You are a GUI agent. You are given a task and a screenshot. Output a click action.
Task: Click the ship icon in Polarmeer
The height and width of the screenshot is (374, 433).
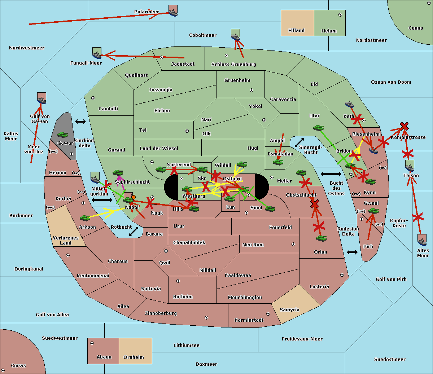pos(173,10)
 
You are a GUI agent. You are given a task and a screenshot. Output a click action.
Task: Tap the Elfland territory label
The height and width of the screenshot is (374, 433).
pos(296,31)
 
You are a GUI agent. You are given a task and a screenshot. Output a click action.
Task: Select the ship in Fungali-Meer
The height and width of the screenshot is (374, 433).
pos(97,53)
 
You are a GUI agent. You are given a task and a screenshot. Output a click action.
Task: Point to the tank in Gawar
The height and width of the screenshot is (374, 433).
pos(63,135)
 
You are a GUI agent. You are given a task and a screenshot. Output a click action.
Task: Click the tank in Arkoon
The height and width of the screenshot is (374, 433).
pos(85,218)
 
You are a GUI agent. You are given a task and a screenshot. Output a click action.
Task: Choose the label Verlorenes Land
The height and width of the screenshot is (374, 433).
pos(66,240)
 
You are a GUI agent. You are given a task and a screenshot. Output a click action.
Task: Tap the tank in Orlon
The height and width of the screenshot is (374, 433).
pos(321,238)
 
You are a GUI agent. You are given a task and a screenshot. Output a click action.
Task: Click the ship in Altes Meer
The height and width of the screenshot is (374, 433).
pos(422,240)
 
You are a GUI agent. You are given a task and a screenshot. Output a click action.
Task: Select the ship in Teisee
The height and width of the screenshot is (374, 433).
pos(410,166)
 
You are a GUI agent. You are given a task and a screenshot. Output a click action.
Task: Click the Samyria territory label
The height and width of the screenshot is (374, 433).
pos(289,310)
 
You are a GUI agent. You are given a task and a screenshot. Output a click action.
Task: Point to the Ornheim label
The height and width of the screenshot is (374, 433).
pos(134,357)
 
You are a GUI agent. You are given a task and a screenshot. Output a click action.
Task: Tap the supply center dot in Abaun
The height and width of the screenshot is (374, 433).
pos(92,343)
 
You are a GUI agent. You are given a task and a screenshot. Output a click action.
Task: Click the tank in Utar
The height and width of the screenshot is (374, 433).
pos(318,128)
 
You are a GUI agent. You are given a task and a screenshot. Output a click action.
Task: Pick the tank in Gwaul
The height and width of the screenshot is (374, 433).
pos(373,211)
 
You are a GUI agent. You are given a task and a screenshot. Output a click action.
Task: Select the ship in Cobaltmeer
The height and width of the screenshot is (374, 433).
pos(235,35)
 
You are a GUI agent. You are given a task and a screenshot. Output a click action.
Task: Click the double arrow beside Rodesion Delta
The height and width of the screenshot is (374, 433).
pos(352,252)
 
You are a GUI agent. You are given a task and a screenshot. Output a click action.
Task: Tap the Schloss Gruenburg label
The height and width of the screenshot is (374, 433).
pos(233,65)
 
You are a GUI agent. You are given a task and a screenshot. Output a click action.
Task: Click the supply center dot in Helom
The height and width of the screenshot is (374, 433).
pos(340,15)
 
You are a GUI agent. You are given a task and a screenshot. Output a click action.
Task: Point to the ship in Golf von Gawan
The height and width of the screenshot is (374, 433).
pos(42,98)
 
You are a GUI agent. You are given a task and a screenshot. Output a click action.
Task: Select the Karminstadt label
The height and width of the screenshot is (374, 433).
pos(249,320)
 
